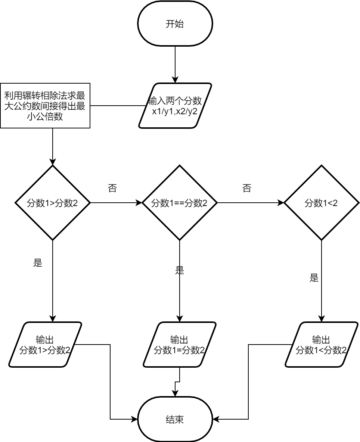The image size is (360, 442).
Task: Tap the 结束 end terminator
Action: (x=175, y=419)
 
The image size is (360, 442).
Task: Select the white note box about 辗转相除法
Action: (x=45, y=106)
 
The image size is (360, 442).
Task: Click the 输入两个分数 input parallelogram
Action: (x=175, y=106)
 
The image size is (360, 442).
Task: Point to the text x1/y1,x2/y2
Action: (x=175, y=111)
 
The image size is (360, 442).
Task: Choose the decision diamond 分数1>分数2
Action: (x=52, y=203)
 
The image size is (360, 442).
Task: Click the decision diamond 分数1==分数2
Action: (x=179, y=203)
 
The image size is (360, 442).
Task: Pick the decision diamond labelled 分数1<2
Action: (x=322, y=203)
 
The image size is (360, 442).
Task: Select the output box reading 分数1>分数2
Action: (x=45, y=345)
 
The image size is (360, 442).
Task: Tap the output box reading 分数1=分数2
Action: (x=179, y=345)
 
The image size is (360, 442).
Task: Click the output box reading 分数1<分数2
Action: (x=322, y=345)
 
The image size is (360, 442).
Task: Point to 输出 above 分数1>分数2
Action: (x=45, y=340)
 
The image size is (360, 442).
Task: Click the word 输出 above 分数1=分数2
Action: (x=179, y=340)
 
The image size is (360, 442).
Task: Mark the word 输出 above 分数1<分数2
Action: (x=322, y=340)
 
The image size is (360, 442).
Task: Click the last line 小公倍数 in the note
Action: (x=45, y=117)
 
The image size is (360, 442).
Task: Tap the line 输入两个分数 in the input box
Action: (x=175, y=101)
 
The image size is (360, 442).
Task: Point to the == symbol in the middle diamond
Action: (x=179, y=203)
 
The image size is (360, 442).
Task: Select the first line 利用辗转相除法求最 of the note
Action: (x=45, y=95)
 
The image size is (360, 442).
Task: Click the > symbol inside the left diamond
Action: (x=52, y=203)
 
